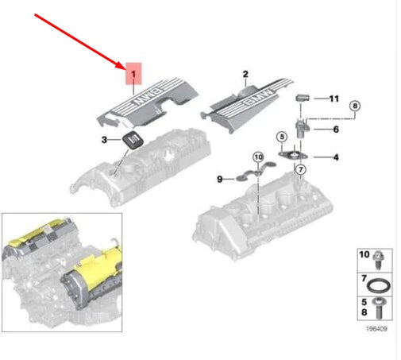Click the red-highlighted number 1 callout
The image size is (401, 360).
point(133,74)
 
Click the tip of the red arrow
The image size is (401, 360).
point(125,69)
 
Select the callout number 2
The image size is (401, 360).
point(245,74)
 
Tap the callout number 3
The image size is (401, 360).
point(104,140)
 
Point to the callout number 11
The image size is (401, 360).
point(334,99)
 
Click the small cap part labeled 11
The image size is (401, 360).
point(303,98)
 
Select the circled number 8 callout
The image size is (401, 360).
point(355,106)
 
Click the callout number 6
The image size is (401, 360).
point(336,130)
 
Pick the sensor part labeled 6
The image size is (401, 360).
point(302,128)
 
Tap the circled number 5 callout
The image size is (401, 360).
point(282,137)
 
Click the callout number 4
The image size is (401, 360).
point(336,157)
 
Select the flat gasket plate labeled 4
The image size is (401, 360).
point(293,156)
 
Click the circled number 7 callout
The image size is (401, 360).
point(300,169)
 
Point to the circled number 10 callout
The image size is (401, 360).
point(258,157)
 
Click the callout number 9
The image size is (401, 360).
point(220,180)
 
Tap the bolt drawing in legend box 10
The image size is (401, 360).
point(378,260)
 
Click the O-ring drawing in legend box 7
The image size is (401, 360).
point(378,286)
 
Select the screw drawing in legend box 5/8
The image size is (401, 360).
point(379,308)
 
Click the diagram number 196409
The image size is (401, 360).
point(376,329)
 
